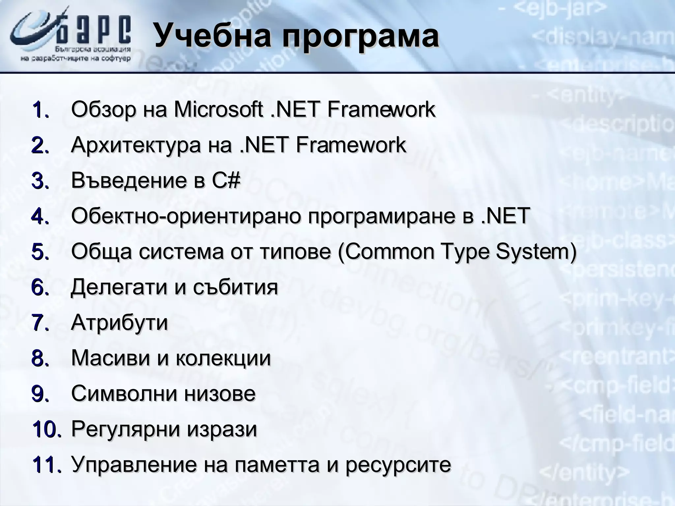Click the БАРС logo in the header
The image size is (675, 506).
[x=71, y=36]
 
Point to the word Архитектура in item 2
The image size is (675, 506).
[x=135, y=145]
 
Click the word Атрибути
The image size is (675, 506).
[x=119, y=323]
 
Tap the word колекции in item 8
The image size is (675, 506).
[x=223, y=358]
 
